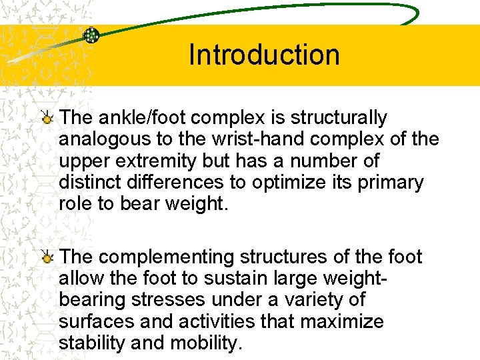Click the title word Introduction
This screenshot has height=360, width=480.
point(264,55)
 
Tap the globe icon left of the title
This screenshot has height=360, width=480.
point(91,35)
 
